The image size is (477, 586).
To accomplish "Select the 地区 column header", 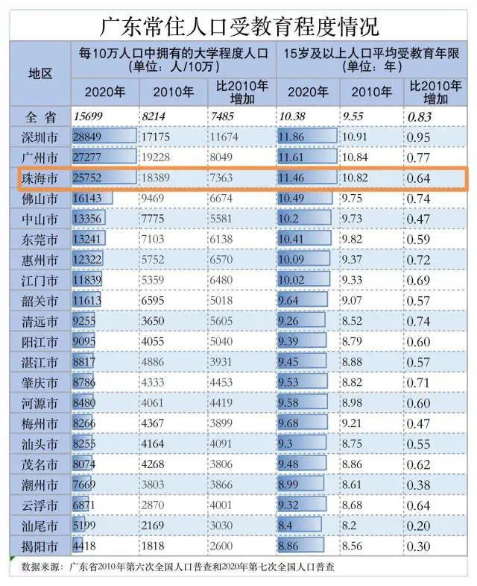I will coord(40,73).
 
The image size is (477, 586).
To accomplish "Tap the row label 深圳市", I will coord(40,137).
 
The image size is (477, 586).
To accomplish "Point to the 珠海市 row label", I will coord(40,178).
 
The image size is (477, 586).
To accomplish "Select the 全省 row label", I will coord(40,116).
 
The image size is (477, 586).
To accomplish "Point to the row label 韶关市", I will coord(40,301).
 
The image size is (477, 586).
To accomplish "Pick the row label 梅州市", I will coord(40,423).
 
